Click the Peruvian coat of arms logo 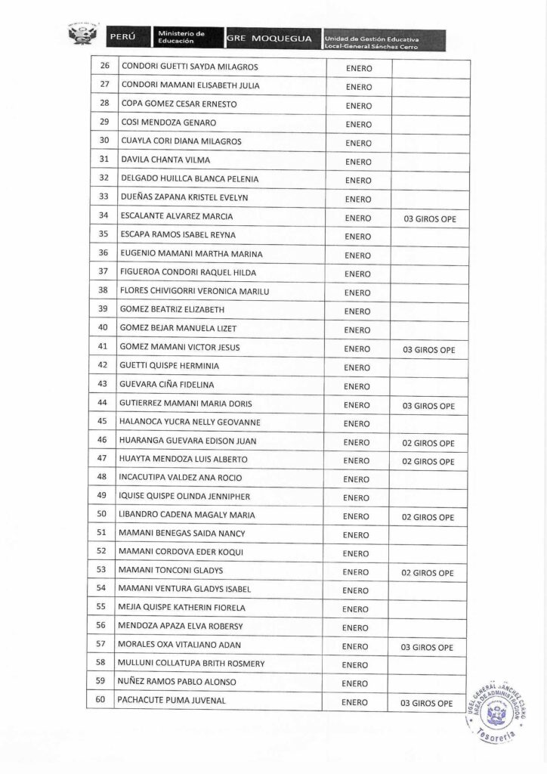84,35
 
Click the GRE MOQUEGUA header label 269,37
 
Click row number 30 104,141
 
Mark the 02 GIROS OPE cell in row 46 428,443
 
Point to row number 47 103,460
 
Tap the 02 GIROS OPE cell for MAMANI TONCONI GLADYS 428,573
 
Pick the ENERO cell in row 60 354,703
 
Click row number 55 103,608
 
